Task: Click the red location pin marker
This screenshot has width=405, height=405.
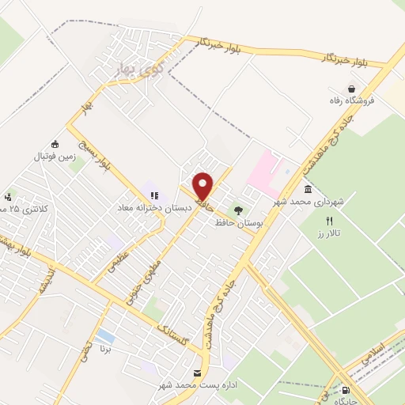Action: pos(203,186)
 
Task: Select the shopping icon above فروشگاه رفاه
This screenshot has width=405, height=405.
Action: pos(351,89)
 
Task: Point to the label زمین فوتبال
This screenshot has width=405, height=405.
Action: pos(54,157)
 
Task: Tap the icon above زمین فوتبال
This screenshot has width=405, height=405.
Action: pos(55,144)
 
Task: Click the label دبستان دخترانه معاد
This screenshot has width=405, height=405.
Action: pos(146,207)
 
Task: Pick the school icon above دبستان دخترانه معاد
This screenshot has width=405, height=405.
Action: pos(153,195)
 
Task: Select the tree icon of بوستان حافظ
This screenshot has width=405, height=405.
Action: pos(238,210)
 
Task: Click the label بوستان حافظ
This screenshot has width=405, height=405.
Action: pos(237,223)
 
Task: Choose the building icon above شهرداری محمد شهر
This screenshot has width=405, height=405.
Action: pos(308,190)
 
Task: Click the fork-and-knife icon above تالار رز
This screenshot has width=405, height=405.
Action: pos(331,221)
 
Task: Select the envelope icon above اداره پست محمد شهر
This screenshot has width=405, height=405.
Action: pos(197,372)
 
